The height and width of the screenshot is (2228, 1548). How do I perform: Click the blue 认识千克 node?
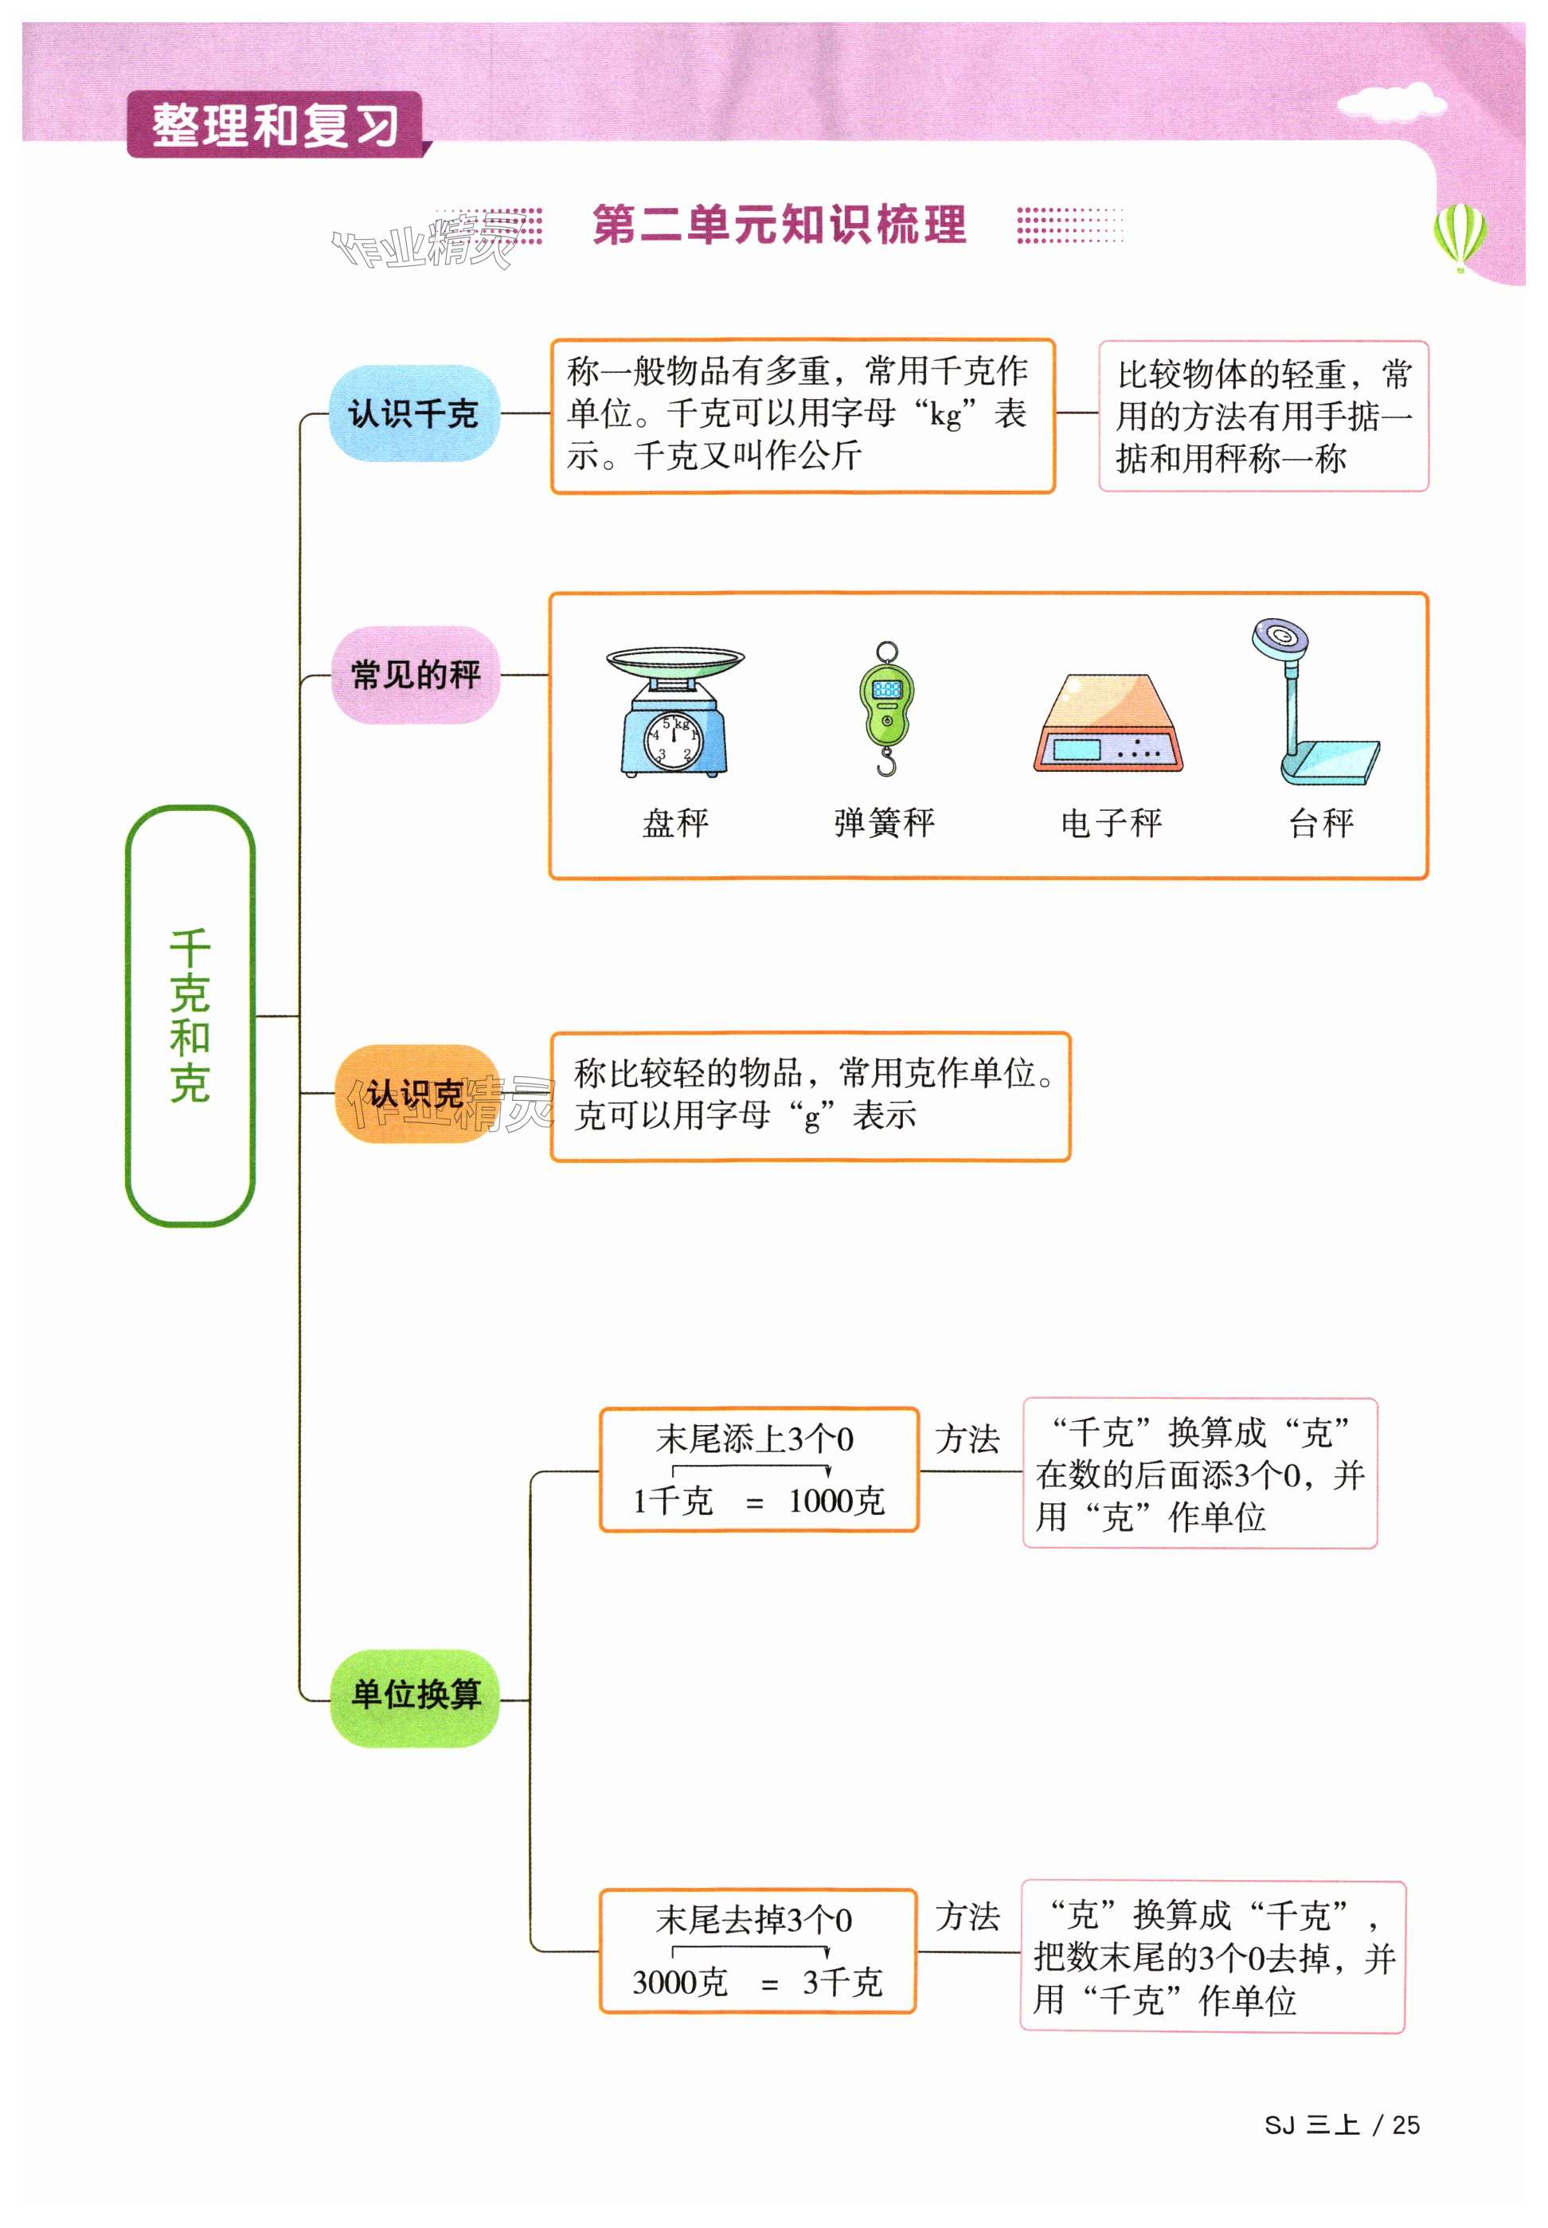[413, 413]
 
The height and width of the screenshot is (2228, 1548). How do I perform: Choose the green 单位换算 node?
[414, 1694]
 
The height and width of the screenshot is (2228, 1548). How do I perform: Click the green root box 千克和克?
[190, 1015]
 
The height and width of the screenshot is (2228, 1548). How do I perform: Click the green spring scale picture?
[885, 708]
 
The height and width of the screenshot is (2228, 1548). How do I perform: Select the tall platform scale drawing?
[1313, 703]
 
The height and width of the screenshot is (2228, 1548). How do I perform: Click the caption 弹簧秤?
[884, 823]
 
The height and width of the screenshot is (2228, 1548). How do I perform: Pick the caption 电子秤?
[1112, 823]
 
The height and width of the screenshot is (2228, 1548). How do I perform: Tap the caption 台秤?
[1320, 823]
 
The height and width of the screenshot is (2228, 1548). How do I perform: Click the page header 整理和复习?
[276, 125]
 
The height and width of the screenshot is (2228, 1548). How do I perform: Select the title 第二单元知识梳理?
[779, 225]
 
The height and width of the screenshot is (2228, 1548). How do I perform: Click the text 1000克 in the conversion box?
[836, 1502]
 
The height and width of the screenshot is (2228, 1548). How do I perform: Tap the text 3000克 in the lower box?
[680, 1982]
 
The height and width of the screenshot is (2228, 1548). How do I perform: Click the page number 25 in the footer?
[1405, 2125]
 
